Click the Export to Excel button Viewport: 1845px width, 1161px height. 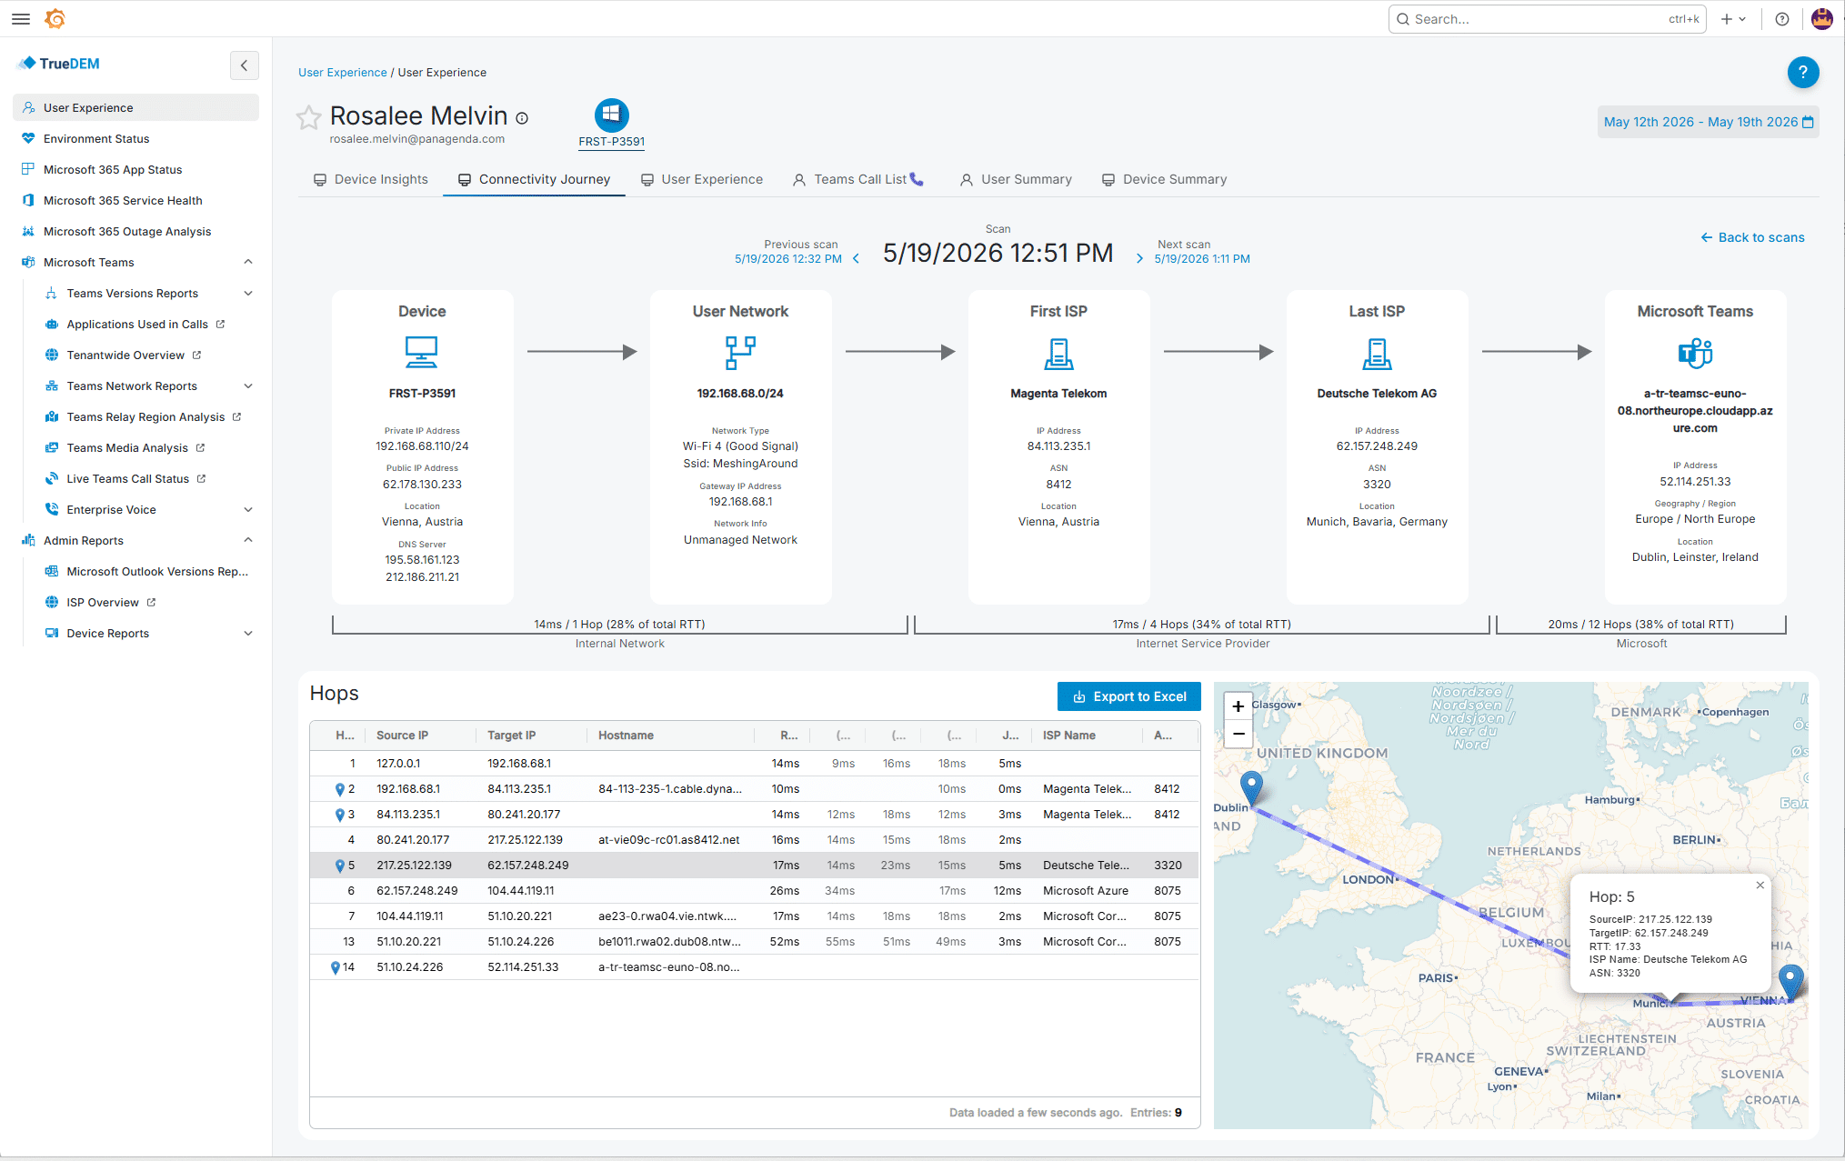(x=1128, y=696)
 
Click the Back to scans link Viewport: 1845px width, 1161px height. (x=1752, y=237)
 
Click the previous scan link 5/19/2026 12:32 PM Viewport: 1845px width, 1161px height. (x=788, y=259)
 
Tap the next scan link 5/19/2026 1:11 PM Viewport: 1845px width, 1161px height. (x=1202, y=259)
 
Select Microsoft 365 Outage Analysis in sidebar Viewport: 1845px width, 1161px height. (x=127, y=231)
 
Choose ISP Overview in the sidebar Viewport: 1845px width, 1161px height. (x=103, y=602)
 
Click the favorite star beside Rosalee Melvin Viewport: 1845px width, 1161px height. (x=309, y=117)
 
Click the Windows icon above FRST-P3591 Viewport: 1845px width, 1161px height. (x=611, y=115)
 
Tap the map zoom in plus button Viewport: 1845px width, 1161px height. (x=1238, y=706)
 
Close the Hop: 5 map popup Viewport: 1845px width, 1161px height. (x=1760, y=885)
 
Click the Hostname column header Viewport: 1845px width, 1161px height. (x=626, y=736)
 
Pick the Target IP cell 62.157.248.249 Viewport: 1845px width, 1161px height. (x=528, y=866)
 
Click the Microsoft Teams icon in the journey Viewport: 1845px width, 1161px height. (x=1695, y=352)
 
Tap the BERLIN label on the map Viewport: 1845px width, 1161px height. (x=1696, y=840)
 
